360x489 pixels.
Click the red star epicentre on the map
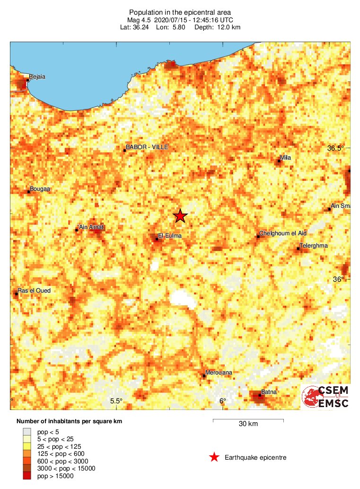[180, 216]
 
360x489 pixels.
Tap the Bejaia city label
[37, 77]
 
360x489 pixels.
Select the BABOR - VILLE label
[147, 147]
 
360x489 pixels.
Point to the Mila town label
[285, 158]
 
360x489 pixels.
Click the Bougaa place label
[40, 189]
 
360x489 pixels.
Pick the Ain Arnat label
[91, 227]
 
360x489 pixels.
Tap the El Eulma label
[169, 235]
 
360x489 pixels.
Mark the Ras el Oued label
[34, 291]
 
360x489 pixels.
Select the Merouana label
[219, 373]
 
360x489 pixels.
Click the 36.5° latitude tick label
[336, 148]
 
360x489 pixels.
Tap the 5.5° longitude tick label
[116, 401]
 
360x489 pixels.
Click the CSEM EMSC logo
[326, 397]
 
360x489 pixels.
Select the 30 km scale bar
[248, 420]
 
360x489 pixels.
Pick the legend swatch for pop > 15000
[27, 476]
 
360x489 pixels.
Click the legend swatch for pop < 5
[27, 432]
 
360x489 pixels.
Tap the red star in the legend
[214, 457]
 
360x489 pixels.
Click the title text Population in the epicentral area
[180, 12]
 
